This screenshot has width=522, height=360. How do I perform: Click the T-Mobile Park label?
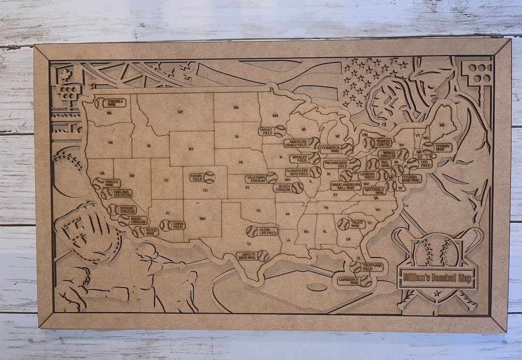point(114,102)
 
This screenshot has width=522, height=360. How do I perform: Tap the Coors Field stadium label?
point(197,177)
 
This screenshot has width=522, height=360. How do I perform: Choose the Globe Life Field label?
point(267,231)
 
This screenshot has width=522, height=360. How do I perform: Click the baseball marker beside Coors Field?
point(209,177)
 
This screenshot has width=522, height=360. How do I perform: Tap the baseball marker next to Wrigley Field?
point(314,158)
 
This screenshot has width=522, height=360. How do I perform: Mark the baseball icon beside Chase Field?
point(165,225)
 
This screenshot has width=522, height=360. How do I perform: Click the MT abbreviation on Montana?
point(180,112)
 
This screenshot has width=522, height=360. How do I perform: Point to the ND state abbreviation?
point(236,107)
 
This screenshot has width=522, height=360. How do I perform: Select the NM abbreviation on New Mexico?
point(202,218)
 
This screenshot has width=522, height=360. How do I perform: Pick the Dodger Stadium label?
point(127,209)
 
